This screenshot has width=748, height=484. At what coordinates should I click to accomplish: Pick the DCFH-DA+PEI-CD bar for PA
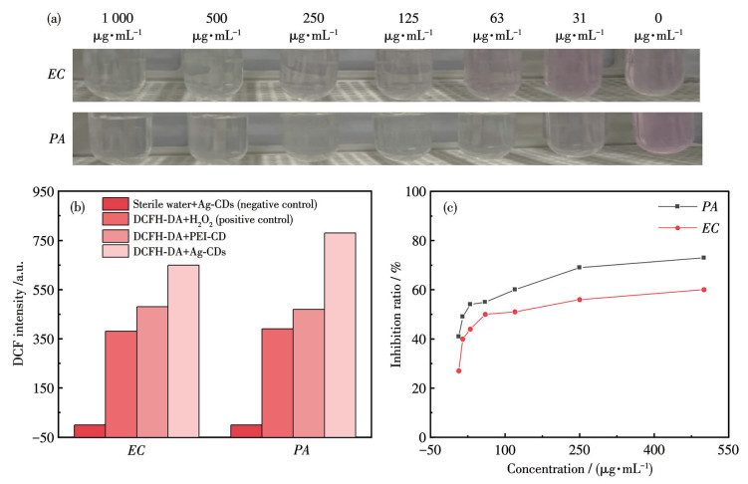309,372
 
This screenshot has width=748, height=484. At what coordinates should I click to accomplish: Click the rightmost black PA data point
703,258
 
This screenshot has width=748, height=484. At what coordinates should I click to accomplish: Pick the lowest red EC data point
458,370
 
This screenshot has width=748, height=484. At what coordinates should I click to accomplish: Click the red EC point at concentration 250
580,300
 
